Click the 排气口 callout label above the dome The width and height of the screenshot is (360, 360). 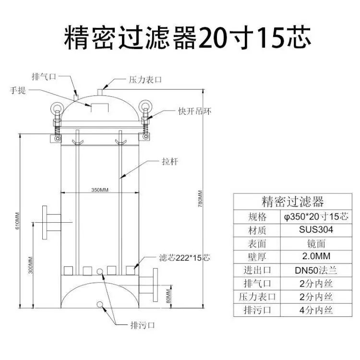[x=44, y=76]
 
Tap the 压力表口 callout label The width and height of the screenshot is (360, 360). [x=145, y=80]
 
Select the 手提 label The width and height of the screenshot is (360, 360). [x=18, y=90]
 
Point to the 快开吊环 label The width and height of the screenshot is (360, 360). [x=195, y=111]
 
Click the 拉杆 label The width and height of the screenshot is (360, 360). [x=170, y=161]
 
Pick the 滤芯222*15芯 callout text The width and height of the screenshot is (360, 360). [x=185, y=258]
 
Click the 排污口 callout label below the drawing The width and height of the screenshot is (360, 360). [x=143, y=325]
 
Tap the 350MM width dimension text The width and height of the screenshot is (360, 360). [x=100, y=190]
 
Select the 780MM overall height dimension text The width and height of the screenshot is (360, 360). [x=200, y=199]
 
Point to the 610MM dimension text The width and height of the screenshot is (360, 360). [x=18, y=221]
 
